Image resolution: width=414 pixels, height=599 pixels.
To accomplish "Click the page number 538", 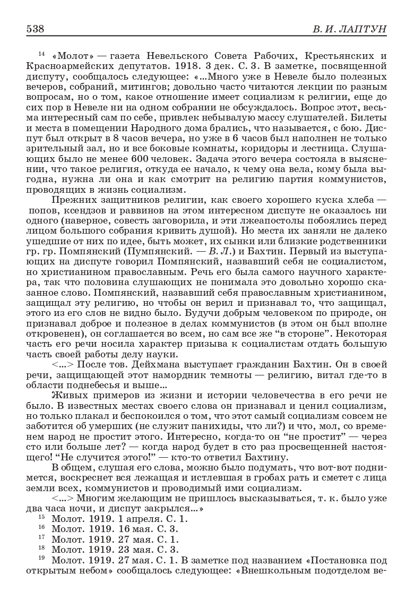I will pos(35,28).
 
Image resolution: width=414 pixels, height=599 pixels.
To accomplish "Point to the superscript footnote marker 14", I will pos(42,53).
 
